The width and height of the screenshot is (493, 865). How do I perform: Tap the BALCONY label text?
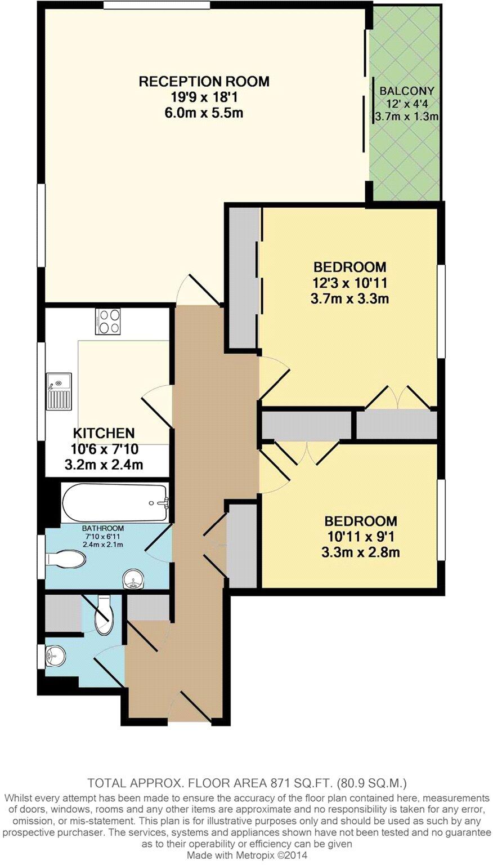[406, 91]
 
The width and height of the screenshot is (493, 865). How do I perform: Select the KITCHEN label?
[104, 433]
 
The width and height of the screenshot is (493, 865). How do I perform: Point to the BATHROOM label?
[103, 528]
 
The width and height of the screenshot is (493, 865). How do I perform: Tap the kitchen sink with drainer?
[59, 390]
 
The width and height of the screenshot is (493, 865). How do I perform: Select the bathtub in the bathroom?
[115, 502]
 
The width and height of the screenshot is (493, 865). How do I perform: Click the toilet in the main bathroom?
[66, 559]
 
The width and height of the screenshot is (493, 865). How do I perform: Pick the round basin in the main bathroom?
[133, 578]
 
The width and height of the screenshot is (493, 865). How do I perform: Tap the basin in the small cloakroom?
[56, 656]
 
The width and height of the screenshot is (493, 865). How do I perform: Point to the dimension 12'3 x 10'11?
[349, 283]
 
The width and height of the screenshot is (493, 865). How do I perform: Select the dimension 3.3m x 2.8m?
[360, 552]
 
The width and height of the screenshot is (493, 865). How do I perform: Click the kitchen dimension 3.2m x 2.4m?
[104, 465]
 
